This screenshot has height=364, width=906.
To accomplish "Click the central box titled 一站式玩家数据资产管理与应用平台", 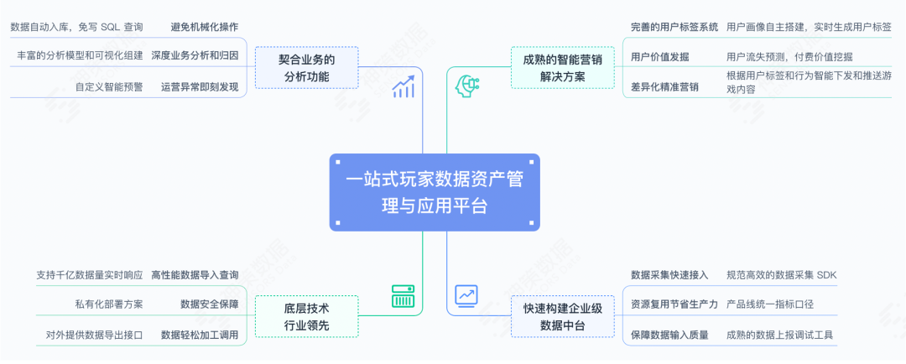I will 434,193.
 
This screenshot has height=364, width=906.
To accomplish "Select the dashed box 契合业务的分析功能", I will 306,68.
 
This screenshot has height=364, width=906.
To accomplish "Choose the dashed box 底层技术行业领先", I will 306,316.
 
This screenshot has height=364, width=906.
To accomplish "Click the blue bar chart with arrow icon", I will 404,86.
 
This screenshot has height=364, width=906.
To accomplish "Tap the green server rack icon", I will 404,296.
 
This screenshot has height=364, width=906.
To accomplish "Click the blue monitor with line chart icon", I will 466,296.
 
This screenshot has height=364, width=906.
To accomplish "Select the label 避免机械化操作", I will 204,27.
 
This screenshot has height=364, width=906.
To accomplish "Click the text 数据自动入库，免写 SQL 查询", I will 76,27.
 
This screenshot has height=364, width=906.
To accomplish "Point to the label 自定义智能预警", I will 108,86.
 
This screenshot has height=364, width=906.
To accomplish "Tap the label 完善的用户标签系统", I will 674,27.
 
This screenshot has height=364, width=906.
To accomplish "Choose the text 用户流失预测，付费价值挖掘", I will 789,57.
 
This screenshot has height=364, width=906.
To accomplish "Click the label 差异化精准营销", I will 664,86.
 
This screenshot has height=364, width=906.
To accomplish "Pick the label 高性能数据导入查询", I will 195,274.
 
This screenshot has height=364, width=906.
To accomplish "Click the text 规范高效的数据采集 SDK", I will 782,274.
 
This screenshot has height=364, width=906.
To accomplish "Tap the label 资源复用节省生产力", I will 674,304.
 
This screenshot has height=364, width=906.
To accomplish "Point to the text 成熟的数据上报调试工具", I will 780,335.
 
